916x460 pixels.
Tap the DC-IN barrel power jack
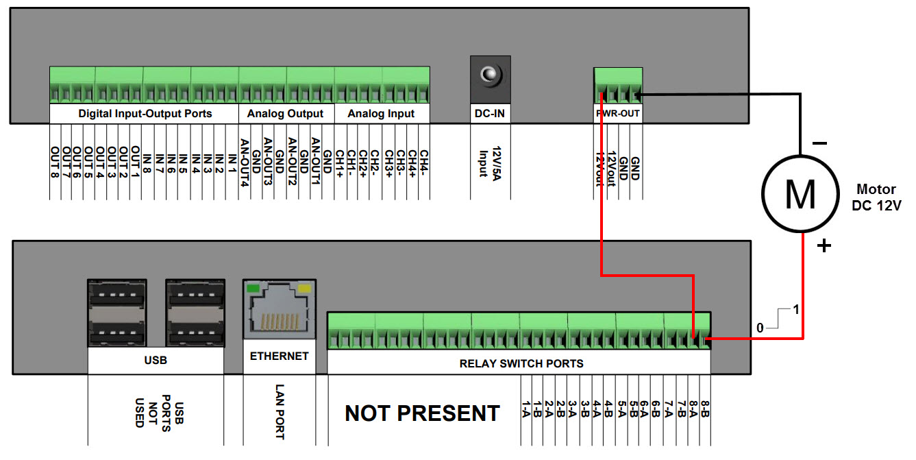click(490, 75)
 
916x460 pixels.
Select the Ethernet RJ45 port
click(279, 309)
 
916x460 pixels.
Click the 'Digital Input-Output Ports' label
click(145, 113)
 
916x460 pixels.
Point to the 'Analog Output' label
click(286, 113)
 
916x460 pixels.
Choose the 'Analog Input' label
click(381, 113)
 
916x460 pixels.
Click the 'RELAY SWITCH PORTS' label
click(521, 363)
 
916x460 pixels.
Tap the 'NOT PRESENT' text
click(422, 413)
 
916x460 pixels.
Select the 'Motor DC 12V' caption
click(877, 197)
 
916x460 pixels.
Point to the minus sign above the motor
click(819, 144)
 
